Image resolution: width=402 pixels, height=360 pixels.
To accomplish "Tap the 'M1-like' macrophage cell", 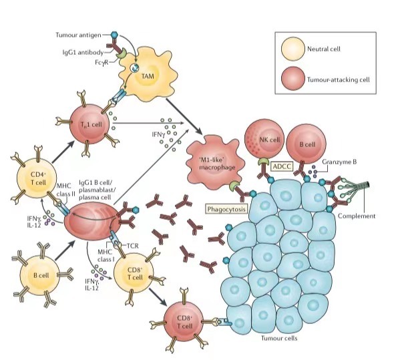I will coord(214,160).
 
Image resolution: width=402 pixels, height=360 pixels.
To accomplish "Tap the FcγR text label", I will coord(88,62).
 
